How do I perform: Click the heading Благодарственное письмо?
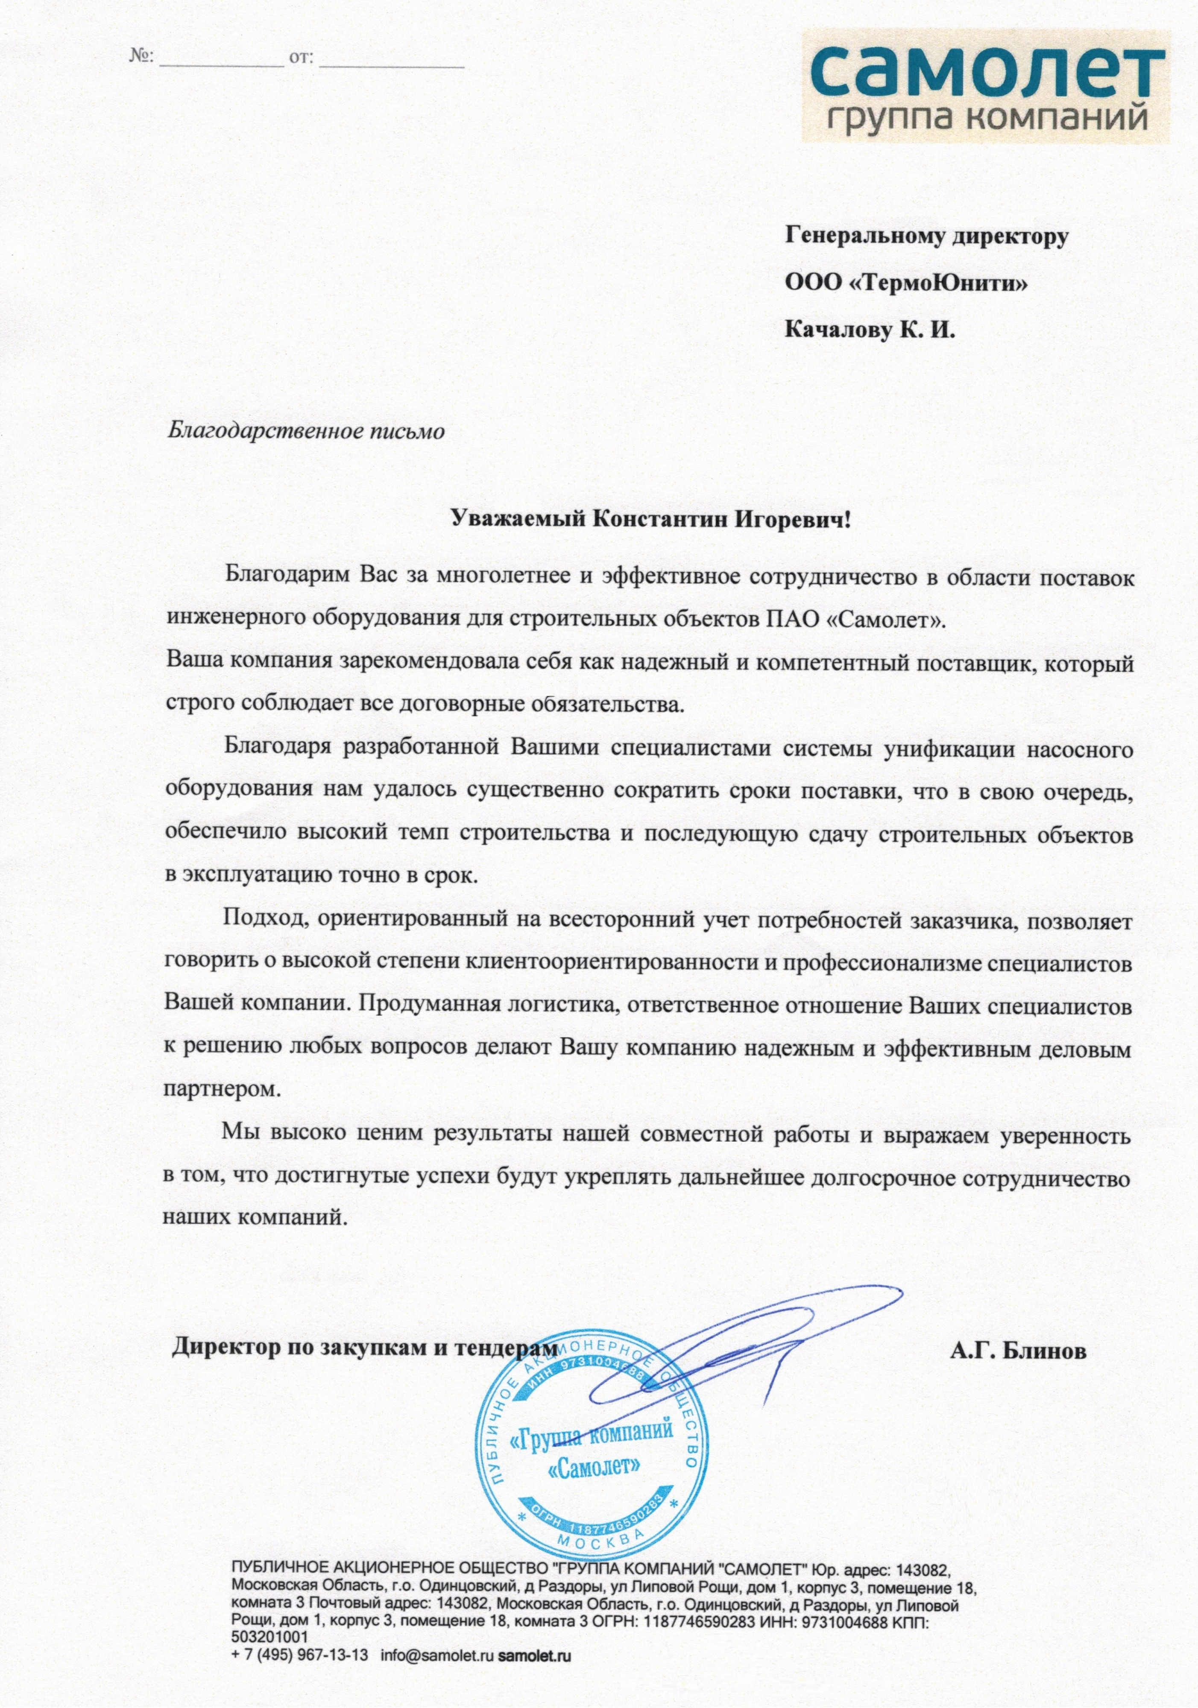coord(305,431)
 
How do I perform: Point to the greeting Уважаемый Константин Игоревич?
coord(650,519)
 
